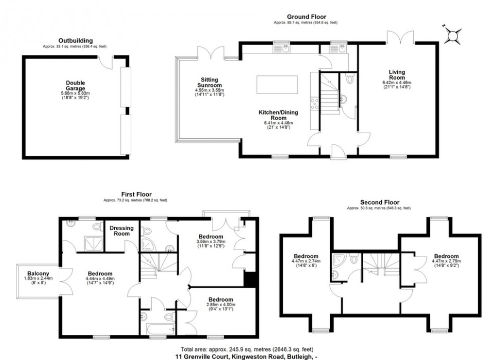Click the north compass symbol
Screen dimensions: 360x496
pyautogui.click(x=453, y=34)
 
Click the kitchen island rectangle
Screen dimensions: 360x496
pyautogui.click(x=275, y=85)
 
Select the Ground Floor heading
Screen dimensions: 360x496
pyautogui.click(x=306, y=17)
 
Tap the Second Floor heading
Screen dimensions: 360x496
pyautogui.click(x=379, y=202)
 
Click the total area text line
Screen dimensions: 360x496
pyautogui.click(x=247, y=349)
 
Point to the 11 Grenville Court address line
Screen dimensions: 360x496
pyautogui.click(x=247, y=356)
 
